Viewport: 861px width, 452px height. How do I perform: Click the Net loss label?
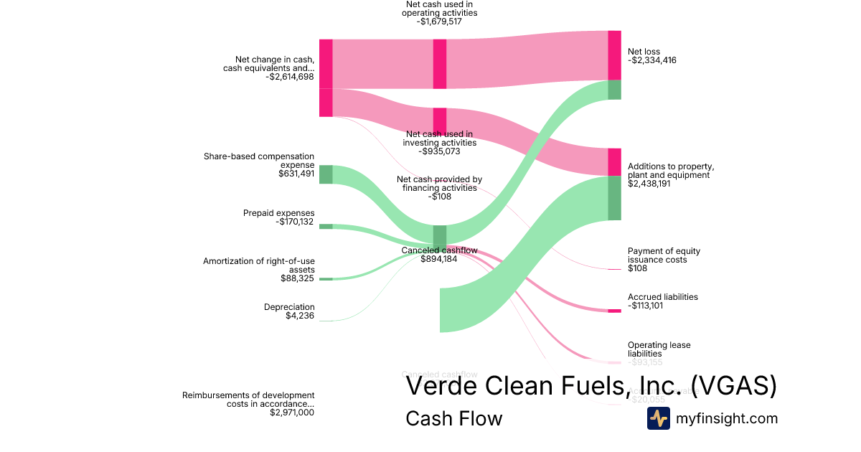(644, 52)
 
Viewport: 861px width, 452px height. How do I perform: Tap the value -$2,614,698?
(289, 77)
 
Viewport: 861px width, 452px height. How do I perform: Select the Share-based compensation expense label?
(259, 160)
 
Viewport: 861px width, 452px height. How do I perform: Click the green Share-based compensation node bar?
(326, 174)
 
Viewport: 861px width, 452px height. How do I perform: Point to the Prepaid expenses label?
(278, 213)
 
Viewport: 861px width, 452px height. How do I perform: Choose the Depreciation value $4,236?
(299, 316)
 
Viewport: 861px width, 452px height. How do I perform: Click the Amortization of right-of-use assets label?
(259, 265)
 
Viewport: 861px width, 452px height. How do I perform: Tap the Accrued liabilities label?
(662, 297)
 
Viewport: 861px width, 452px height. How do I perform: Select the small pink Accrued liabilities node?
(614, 311)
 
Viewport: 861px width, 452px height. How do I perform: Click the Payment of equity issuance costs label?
(664, 255)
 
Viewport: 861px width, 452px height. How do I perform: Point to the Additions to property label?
(670, 171)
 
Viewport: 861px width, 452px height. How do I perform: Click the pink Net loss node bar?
(614, 55)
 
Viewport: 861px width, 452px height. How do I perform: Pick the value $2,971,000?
(292, 413)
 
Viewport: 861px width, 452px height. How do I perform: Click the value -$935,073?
(438, 151)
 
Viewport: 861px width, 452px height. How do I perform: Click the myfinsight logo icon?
(658, 418)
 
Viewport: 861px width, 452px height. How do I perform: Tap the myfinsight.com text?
(727, 418)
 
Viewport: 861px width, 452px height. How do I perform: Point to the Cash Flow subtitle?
(453, 418)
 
